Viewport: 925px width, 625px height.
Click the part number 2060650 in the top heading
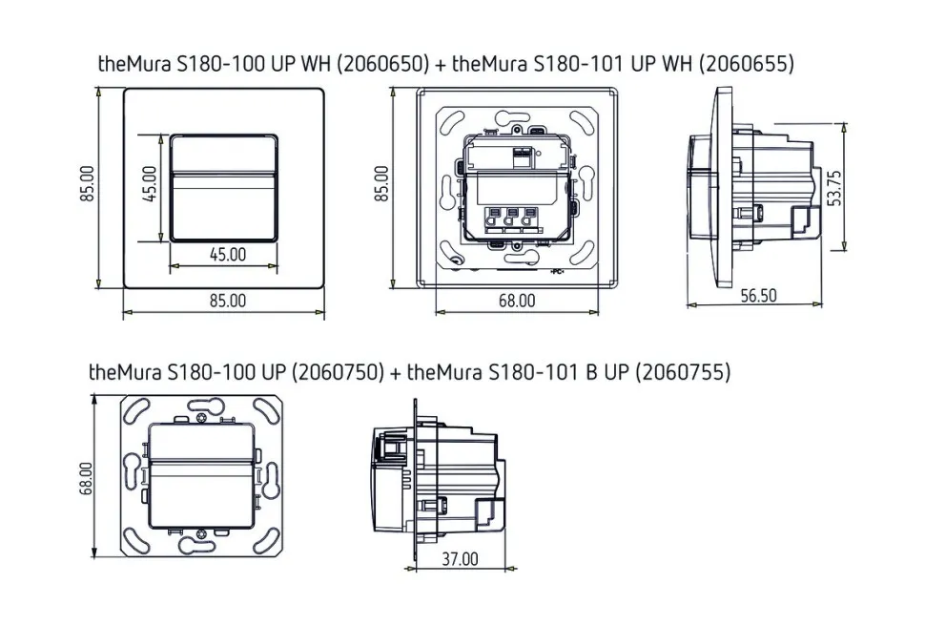[x=382, y=63]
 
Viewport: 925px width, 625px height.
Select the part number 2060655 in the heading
[x=746, y=63]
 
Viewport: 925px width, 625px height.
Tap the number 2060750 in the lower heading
[x=338, y=372]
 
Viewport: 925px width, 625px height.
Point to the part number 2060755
[x=683, y=372]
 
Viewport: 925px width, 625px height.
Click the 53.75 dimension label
[x=835, y=188]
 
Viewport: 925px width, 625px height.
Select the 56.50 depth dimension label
[x=759, y=295]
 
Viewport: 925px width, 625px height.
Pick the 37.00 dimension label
[x=461, y=558]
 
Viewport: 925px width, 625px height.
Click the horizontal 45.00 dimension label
[x=228, y=255]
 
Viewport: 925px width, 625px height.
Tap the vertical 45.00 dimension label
[x=150, y=183]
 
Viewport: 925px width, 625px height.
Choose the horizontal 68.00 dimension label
[x=517, y=301]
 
